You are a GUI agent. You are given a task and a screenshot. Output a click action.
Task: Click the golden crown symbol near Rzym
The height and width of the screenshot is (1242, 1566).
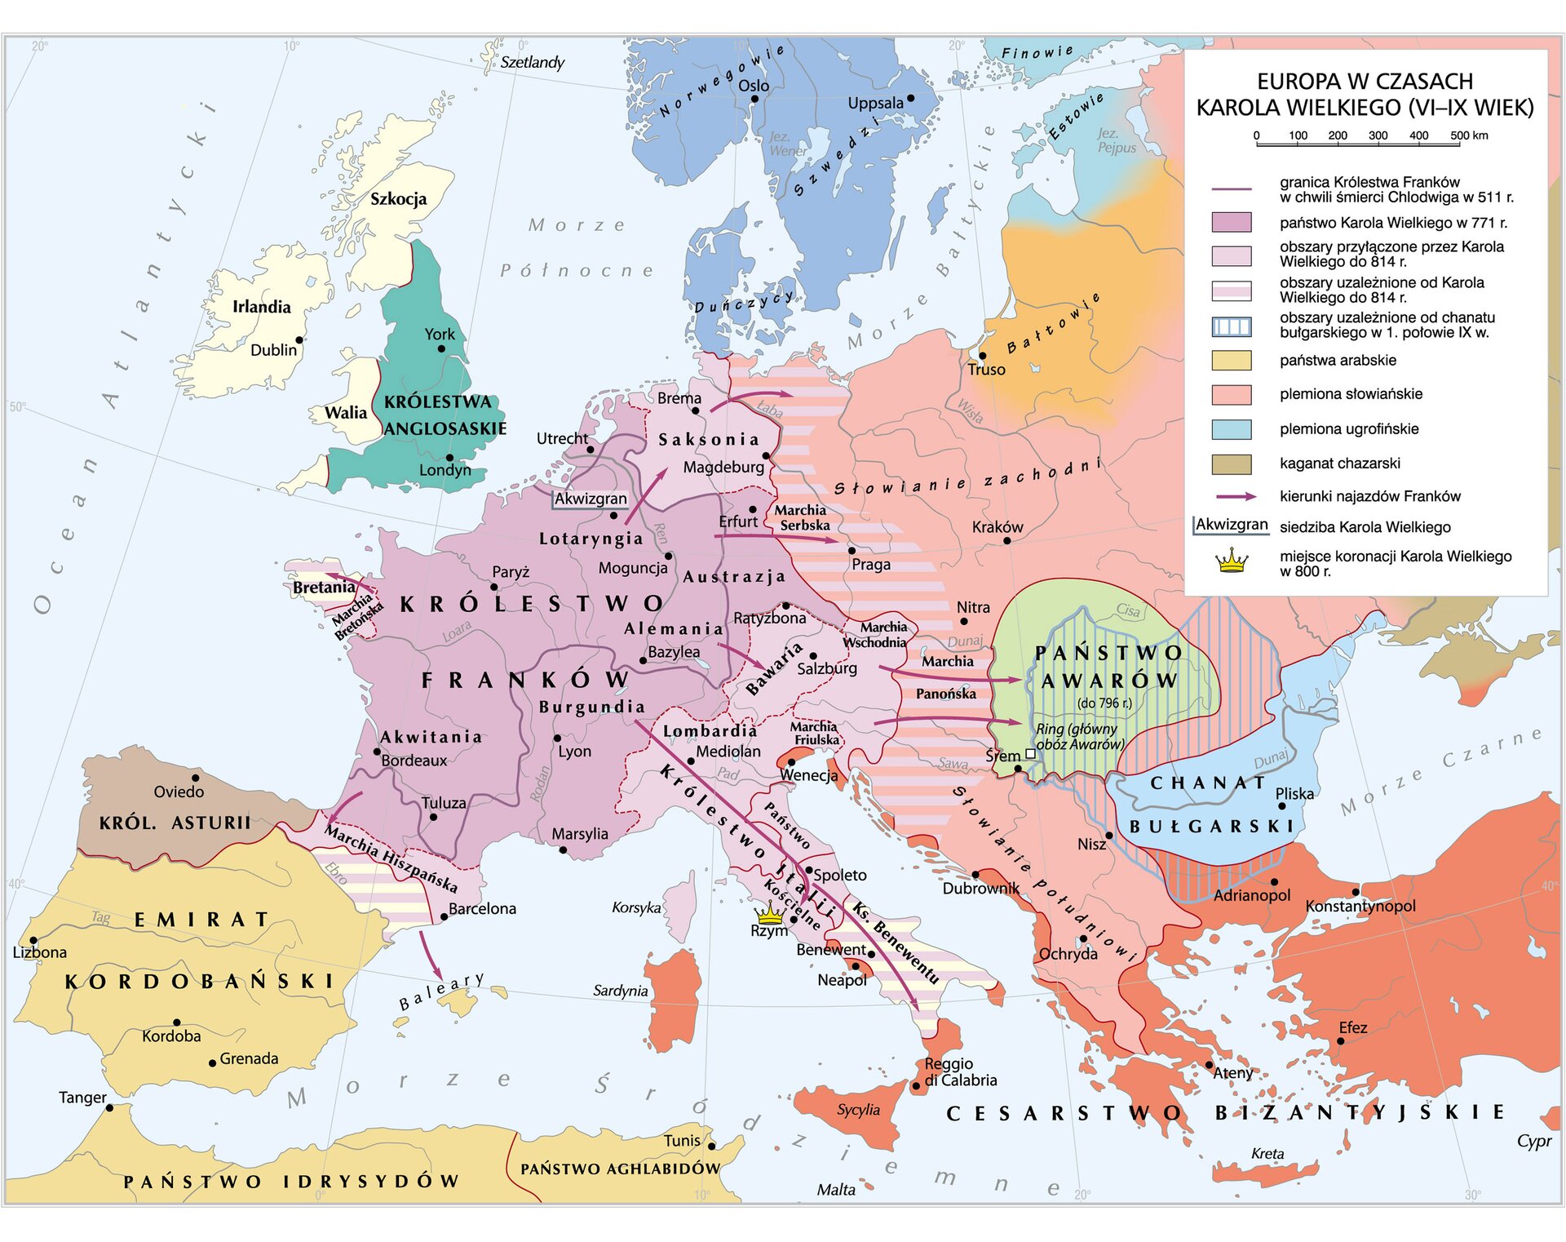(x=768, y=914)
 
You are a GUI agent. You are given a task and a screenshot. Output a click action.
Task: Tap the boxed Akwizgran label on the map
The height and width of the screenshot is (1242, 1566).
(x=591, y=499)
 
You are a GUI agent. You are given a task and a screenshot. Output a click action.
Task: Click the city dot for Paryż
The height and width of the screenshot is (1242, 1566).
(x=494, y=587)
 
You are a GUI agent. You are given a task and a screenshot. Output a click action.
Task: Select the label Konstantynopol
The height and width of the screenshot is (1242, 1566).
(x=1360, y=906)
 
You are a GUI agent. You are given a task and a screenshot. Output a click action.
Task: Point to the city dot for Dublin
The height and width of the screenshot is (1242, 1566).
(x=299, y=340)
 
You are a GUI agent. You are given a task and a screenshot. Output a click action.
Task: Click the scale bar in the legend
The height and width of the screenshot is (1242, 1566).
(x=1358, y=144)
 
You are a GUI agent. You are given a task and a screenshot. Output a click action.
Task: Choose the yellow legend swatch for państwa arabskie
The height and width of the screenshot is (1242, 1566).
(x=1231, y=361)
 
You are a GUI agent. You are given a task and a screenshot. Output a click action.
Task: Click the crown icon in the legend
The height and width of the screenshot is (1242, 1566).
(x=1232, y=561)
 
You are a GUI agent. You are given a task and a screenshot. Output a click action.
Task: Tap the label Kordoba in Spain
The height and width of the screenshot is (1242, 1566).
(x=171, y=1036)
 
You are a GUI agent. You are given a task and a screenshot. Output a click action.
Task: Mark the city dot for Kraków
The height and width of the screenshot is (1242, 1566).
(x=1006, y=540)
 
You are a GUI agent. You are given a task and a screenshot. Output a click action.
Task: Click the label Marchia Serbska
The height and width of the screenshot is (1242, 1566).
(x=803, y=518)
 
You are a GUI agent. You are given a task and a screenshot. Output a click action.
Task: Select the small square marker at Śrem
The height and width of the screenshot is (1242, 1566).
(x=1030, y=754)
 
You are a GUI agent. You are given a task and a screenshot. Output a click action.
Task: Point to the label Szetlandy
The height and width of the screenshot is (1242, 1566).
(x=532, y=62)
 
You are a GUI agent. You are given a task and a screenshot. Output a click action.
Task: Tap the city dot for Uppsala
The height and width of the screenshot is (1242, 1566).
(x=911, y=98)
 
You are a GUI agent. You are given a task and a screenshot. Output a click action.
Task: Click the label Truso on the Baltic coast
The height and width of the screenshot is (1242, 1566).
(x=987, y=370)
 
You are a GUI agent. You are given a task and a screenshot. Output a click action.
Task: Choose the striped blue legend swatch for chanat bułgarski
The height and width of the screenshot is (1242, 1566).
(x=1231, y=326)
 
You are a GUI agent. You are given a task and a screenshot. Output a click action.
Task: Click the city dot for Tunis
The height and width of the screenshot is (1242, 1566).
(x=711, y=1147)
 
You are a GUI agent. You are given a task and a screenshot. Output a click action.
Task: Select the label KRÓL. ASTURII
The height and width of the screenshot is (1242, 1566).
(x=175, y=823)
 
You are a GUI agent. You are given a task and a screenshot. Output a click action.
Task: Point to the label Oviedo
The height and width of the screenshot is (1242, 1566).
(x=179, y=792)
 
